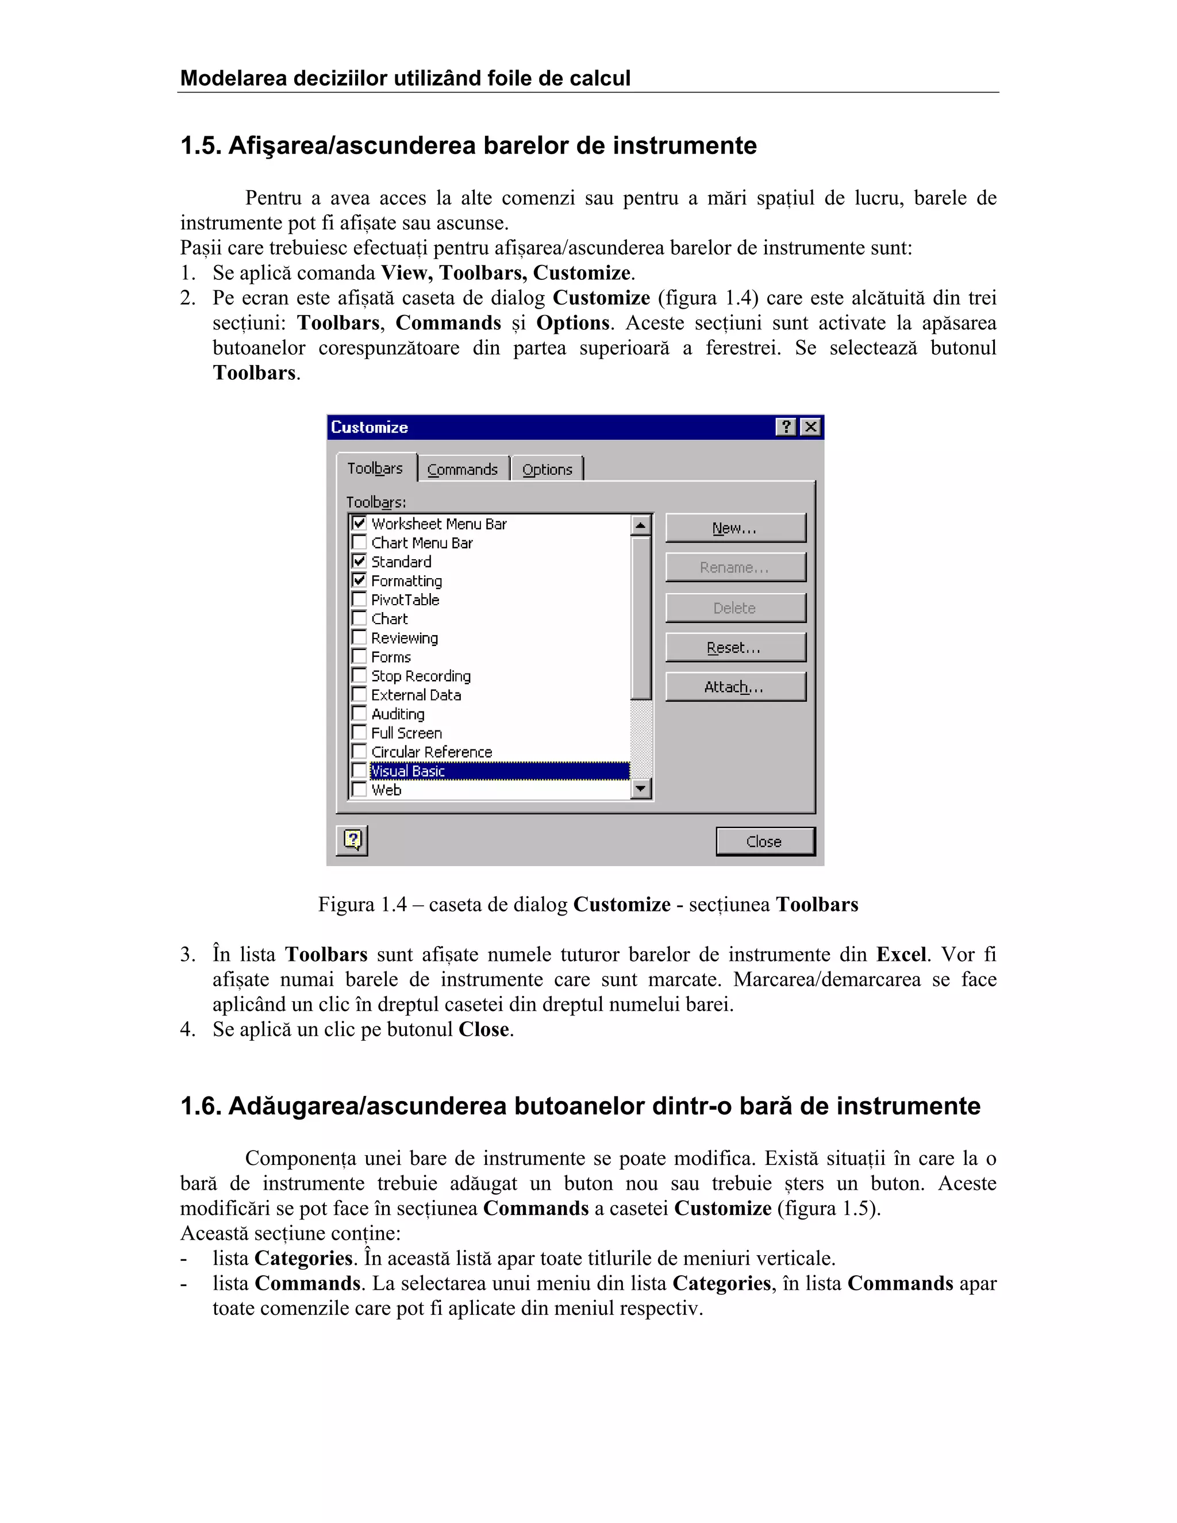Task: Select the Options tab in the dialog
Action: click(547, 470)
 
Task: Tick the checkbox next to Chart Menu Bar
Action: click(359, 542)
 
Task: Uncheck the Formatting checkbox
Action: click(359, 580)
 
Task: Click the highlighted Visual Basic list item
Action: click(409, 771)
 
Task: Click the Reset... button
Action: click(735, 647)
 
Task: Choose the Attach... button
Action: click(735, 687)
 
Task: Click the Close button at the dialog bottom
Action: click(765, 841)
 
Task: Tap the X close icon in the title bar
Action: click(810, 427)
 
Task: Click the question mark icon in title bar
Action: click(786, 427)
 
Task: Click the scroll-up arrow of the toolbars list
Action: click(640, 524)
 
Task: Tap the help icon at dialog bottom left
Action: click(352, 840)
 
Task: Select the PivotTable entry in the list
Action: click(405, 599)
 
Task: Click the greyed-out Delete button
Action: click(735, 607)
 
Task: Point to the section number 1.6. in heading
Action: click(201, 1106)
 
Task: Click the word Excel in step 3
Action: click(901, 954)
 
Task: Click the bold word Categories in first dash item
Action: click(303, 1258)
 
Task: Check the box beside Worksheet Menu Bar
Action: click(359, 523)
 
